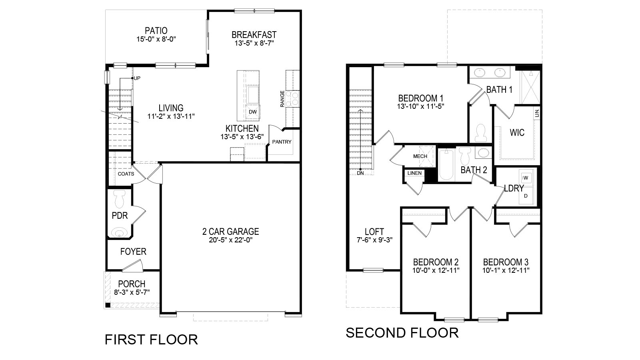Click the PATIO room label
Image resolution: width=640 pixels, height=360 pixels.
[x=156, y=30]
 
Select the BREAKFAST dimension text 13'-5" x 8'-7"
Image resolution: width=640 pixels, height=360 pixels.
[x=254, y=43]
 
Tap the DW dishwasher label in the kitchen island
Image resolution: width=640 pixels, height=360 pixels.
[x=252, y=112]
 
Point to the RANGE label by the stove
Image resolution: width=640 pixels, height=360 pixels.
[x=282, y=99]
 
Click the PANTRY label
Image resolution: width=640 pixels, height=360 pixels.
[x=282, y=142]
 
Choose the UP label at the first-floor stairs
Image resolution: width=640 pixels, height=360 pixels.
[x=137, y=78]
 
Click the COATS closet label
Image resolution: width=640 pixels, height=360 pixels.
[x=126, y=174]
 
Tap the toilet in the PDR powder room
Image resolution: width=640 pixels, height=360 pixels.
[x=120, y=199]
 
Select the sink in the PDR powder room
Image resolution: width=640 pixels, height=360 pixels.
[x=119, y=232]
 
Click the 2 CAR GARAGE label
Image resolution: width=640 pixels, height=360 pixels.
[x=230, y=232]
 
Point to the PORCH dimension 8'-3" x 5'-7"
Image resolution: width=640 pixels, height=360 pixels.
[x=132, y=292]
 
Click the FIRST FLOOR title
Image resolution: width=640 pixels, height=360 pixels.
[x=151, y=340]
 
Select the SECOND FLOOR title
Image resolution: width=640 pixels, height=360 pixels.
[x=402, y=333]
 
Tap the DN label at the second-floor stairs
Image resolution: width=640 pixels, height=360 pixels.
[x=360, y=173]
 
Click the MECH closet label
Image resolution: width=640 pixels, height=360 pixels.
[x=420, y=156]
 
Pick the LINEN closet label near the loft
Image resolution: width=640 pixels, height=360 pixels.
[x=414, y=173]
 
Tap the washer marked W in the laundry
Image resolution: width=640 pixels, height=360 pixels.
[x=526, y=178]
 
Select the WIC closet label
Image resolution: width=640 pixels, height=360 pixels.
[x=517, y=132]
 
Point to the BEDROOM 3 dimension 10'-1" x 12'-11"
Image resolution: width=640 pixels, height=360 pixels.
[x=506, y=270]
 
